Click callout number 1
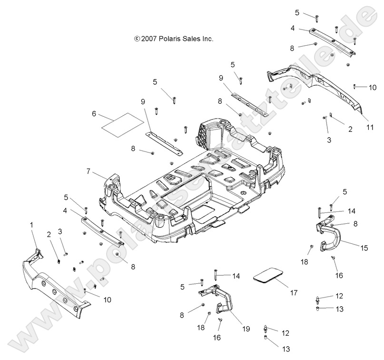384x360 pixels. click(32, 224)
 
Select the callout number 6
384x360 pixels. click(94, 113)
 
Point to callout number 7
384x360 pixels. click(89, 170)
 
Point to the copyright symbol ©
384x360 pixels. click(138, 39)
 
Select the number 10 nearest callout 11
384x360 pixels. click(373, 87)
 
